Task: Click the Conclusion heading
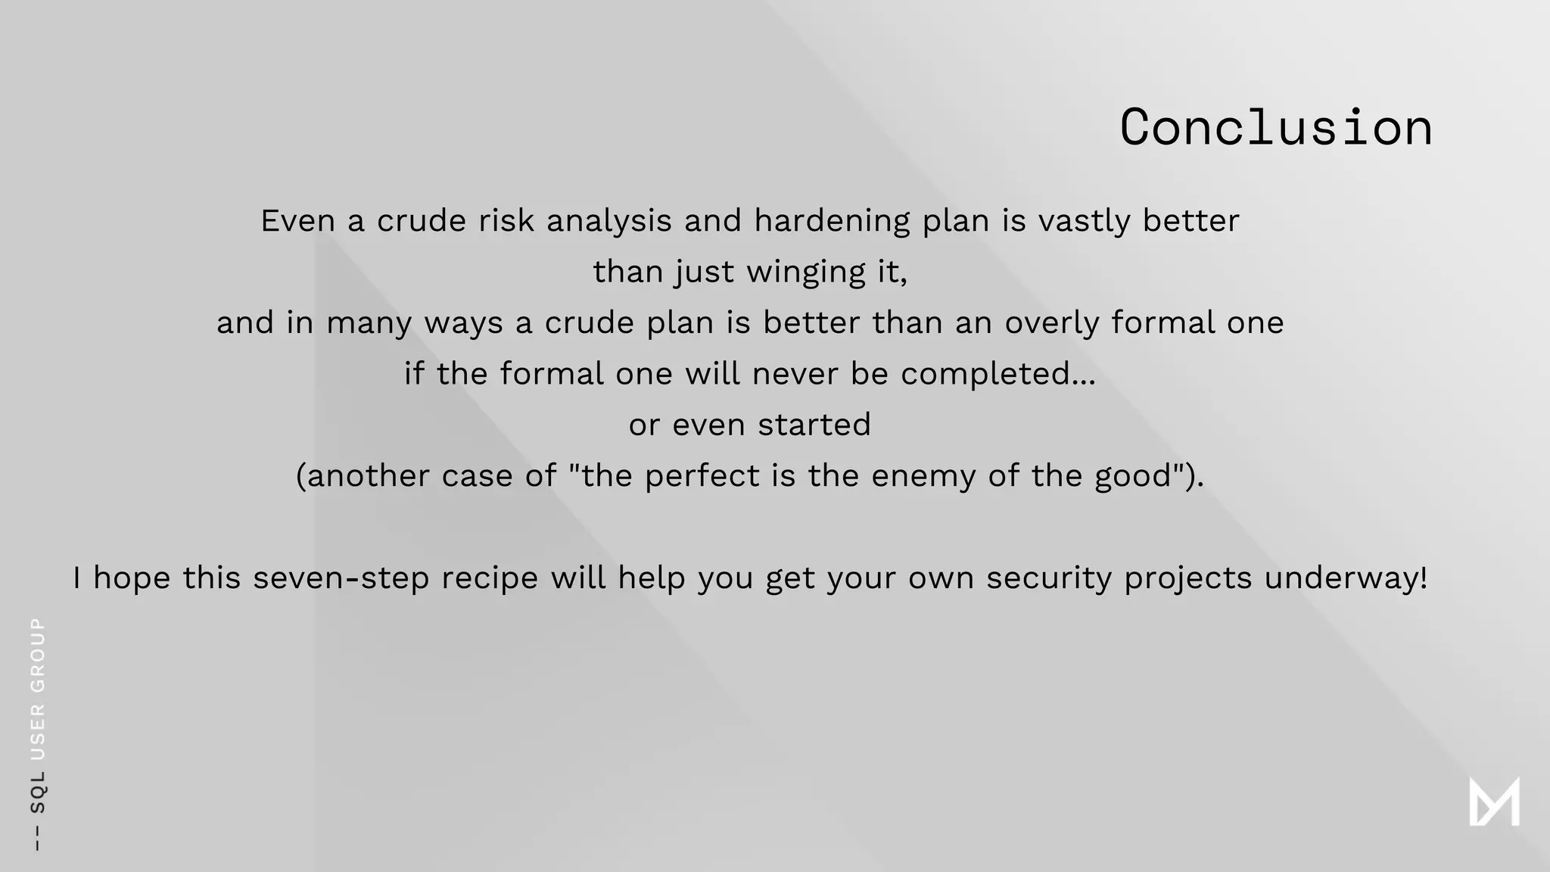coord(1276,127)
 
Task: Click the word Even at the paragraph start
coord(298,221)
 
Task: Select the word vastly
coord(1084,221)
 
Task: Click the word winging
coord(806,272)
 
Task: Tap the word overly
coord(1051,322)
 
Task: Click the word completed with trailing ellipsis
coord(998,374)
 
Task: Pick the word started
coord(814,425)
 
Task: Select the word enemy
coord(923,476)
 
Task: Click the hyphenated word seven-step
coord(341,578)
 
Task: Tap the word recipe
coord(490,578)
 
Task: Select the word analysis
coord(609,221)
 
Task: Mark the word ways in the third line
coord(463,323)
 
